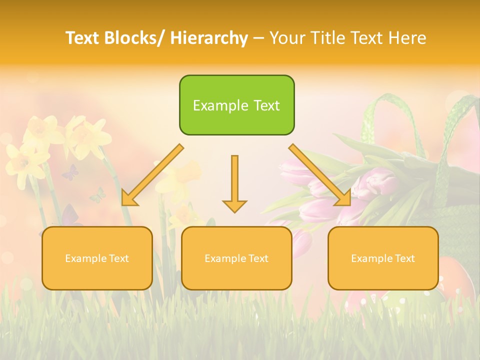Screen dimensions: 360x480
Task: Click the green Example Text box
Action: pyautogui.click(x=237, y=105)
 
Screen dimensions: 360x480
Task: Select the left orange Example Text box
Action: pyautogui.click(x=97, y=258)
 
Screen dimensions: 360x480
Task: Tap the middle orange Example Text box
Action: pyautogui.click(x=236, y=258)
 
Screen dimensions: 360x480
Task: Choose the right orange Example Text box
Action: pyautogui.click(x=383, y=258)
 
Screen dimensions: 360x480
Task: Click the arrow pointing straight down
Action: pyautogui.click(x=234, y=183)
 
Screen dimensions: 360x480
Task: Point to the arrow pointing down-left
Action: pyautogui.click(x=153, y=175)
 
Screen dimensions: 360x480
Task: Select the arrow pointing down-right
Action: pyautogui.click(x=320, y=175)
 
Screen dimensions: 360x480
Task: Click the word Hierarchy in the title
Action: pyautogui.click(x=209, y=38)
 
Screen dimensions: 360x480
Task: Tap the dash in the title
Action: pyautogui.click(x=258, y=38)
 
